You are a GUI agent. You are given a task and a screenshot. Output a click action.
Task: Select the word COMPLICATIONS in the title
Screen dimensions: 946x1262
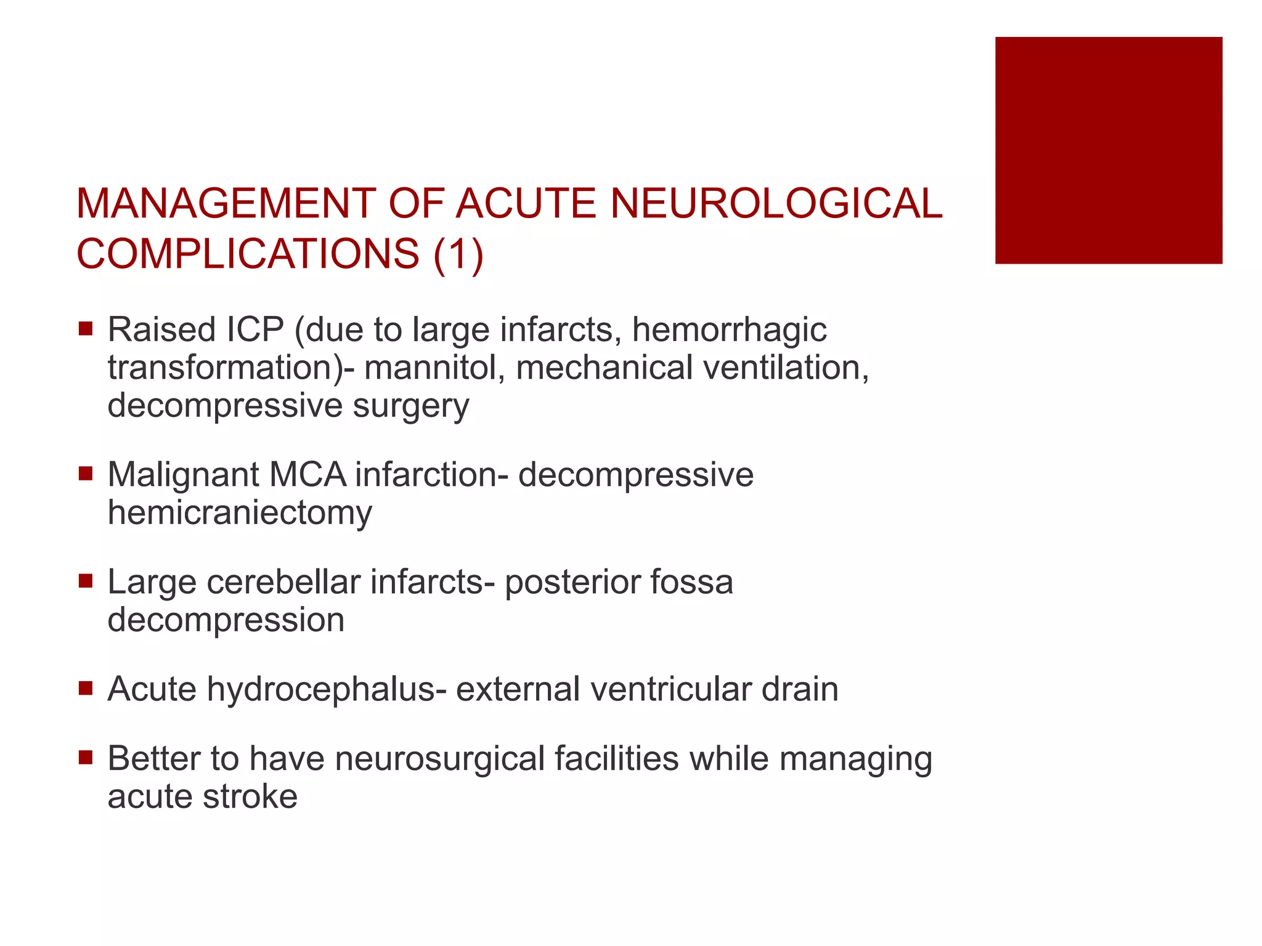(x=248, y=254)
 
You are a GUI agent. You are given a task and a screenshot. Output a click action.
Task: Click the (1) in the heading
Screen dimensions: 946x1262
(x=458, y=254)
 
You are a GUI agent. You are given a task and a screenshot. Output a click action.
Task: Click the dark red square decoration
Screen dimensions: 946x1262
(x=1108, y=150)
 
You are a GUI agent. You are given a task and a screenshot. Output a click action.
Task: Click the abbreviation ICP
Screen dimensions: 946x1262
(x=255, y=329)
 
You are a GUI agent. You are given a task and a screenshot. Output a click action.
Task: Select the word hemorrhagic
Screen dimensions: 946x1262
(x=729, y=329)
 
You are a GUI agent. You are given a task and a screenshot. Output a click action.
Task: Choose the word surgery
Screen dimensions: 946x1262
(x=410, y=406)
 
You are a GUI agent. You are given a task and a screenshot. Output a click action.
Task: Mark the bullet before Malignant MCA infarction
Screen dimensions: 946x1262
(x=86, y=474)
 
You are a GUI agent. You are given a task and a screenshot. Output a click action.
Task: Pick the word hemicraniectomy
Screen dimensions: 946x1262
(x=240, y=512)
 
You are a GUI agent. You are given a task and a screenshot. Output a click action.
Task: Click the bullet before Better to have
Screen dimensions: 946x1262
(x=86, y=757)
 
